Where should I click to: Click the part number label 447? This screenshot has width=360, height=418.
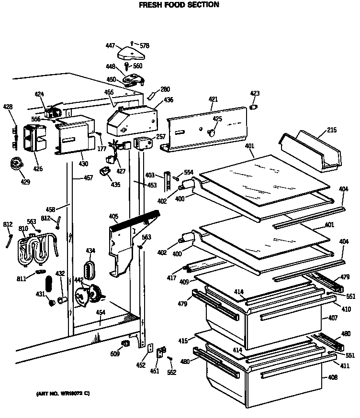(x=110, y=46)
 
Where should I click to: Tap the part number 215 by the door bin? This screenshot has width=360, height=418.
(x=332, y=130)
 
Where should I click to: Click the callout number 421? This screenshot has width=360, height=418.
(x=213, y=99)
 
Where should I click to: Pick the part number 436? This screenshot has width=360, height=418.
(x=169, y=100)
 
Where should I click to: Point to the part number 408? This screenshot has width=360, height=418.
(x=333, y=378)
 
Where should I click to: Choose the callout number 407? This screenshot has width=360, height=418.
(x=333, y=318)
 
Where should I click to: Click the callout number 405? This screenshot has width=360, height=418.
(x=113, y=217)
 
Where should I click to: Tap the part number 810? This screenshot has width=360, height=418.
(x=23, y=229)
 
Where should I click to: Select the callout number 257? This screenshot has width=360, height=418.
(x=161, y=137)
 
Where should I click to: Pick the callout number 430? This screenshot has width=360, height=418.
(x=83, y=164)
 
